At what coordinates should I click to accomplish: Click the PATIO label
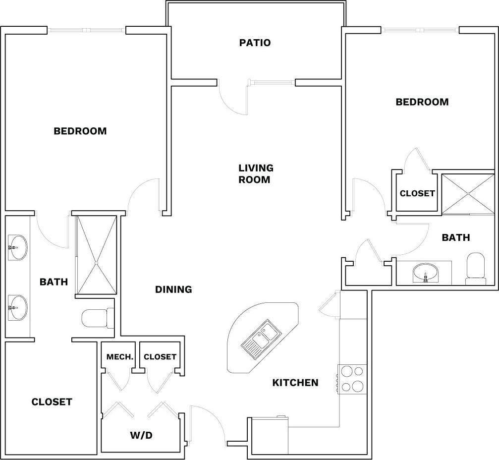(x=255, y=43)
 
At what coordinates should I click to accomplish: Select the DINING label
(x=173, y=289)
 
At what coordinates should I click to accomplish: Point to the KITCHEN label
(x=295, y=383)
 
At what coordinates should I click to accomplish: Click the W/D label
(x=141, y=436)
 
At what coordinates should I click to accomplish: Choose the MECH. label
(x=119, y=357)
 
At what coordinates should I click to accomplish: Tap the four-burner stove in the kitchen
(x=352, y=379)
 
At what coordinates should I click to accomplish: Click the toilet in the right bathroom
(x=476, y=269)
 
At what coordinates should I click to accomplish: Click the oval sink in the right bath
(x=425, y=272)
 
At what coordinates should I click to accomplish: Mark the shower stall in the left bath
(x=97, y=254)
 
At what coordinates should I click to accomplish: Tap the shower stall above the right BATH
(x=467, y=194)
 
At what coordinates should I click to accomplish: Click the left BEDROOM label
(x=80, y=131)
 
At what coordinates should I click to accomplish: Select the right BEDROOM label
(x=422, y=102)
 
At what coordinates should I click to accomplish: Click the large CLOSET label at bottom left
(x=52, y=402)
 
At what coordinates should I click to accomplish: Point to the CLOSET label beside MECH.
(x=160, y=357)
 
